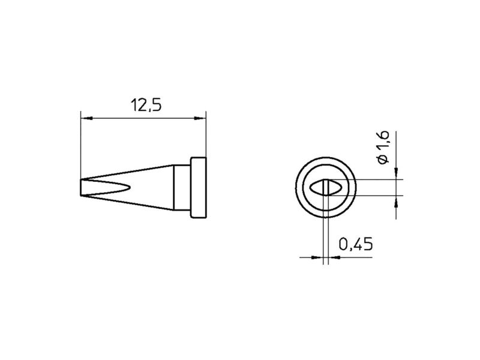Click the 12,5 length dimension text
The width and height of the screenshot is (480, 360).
(x=146, y=105)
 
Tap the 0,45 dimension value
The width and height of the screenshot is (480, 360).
(x=356, y=244)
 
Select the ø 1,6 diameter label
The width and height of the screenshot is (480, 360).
(x=383, y=147)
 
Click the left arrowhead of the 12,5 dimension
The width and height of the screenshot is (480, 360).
(x=86, y=118)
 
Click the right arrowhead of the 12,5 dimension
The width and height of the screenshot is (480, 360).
(x=200, y=118)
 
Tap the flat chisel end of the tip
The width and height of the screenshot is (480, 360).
(x=81, y=187)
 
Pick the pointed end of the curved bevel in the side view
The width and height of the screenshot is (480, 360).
(x=130, y=187)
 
